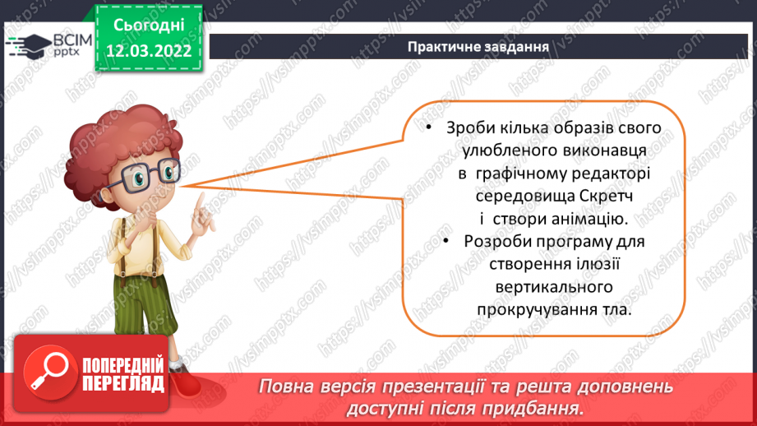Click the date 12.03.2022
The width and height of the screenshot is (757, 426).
coord(149,51)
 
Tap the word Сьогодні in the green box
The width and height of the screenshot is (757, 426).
coord(149,25)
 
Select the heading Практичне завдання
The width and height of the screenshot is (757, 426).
coord(478,47)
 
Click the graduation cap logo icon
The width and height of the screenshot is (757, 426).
coord(29,46)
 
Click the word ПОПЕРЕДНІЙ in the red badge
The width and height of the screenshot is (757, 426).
coord(123,365)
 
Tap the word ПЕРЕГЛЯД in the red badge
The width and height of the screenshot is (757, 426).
coord(123,384)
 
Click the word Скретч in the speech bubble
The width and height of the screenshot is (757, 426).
coord(606,196)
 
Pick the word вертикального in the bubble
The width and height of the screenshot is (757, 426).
coord(554,287)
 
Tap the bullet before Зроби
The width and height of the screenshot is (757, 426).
coord(429,127)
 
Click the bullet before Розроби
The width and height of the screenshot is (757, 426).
coord(446,240)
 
